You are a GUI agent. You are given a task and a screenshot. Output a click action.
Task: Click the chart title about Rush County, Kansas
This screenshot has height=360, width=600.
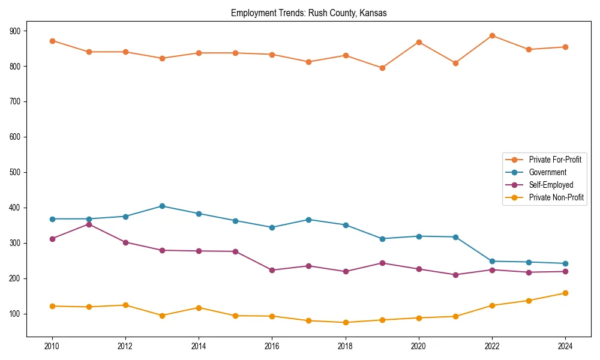(x=308, y=13)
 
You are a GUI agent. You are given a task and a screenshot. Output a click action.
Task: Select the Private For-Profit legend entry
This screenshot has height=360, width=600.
(x=554, y=160)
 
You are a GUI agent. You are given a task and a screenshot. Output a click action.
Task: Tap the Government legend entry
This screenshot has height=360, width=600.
(x=547, y=172)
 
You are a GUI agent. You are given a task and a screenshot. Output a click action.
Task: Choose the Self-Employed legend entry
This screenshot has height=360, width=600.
(x=551, y=185)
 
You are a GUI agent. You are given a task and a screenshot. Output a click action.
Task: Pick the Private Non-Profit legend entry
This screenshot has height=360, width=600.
(x=556, y=197)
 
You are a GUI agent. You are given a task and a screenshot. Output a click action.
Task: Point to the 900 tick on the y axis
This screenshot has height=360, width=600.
(x=15, y=31)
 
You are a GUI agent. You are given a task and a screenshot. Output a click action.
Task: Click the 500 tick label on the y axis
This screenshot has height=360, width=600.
(x=15, y=172)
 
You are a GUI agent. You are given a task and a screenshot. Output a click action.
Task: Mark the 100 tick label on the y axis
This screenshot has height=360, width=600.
(x=15, y=314)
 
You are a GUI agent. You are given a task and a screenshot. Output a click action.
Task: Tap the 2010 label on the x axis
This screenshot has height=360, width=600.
(x=52, y=346)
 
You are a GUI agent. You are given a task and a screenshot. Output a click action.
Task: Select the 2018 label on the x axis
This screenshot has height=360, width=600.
(x=345, y=346)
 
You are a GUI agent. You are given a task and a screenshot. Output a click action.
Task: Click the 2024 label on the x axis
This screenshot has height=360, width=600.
(x=565, y=346)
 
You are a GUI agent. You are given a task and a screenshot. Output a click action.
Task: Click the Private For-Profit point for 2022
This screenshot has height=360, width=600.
(x=492, y=35)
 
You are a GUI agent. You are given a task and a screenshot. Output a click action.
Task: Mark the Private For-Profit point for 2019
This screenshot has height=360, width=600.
(x=382, y=68)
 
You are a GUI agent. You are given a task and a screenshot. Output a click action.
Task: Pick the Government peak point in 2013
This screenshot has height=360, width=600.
(x=162, y=206)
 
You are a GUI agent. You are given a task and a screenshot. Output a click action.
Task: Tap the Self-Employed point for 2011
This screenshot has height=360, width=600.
(x=89, y=224)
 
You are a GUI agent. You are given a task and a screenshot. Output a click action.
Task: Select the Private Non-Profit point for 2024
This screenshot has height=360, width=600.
(x=565, y=293)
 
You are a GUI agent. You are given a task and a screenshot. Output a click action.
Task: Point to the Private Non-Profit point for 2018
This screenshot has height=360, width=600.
(x=346, y=322)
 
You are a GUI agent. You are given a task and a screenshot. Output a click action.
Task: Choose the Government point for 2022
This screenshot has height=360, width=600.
(x=492, y=261)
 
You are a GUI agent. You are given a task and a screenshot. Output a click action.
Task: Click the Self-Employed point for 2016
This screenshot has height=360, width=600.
(x=272, y=270)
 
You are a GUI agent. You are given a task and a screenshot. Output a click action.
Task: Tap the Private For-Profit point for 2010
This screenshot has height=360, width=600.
(x=52, y=41)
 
